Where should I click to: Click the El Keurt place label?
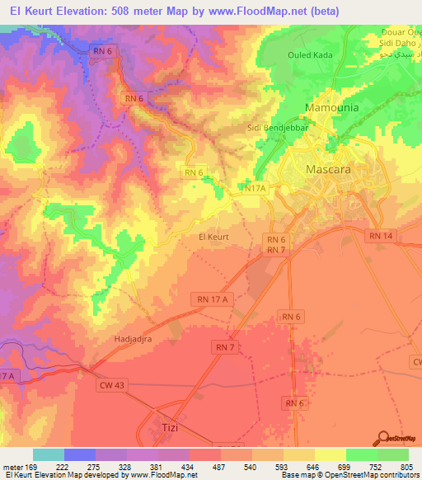pyautogui.click(x=213, y=237)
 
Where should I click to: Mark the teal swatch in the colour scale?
pyautogui.click(x=49, y=454)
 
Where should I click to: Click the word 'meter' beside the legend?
pyautogui.click(x=14, y=468)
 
